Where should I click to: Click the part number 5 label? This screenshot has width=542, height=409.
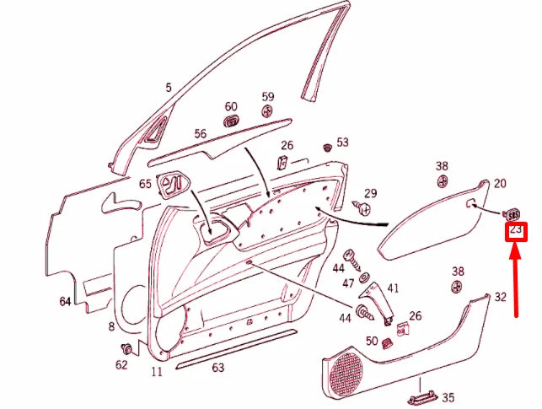click(169, 87)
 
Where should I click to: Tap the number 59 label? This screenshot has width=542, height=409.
click(268, 97)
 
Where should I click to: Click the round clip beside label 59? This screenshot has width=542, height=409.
click(267, 111)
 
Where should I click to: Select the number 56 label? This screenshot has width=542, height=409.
click(200, 134)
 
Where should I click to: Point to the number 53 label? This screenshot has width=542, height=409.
click(342, 143)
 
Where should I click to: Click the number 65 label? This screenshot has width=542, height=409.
click(145, 183)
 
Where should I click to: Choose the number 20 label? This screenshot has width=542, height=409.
click(500, 183)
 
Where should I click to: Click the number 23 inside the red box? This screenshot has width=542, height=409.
click(515, 229)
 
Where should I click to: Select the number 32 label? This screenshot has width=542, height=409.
click(501, 297)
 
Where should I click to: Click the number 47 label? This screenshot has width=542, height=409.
click(347, 284)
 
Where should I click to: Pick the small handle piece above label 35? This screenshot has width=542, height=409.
click(422, 389)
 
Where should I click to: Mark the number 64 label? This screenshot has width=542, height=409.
click(65, 302)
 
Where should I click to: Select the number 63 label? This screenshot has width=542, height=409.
click(218, 367)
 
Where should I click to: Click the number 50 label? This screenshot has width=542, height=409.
click(372, 341)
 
